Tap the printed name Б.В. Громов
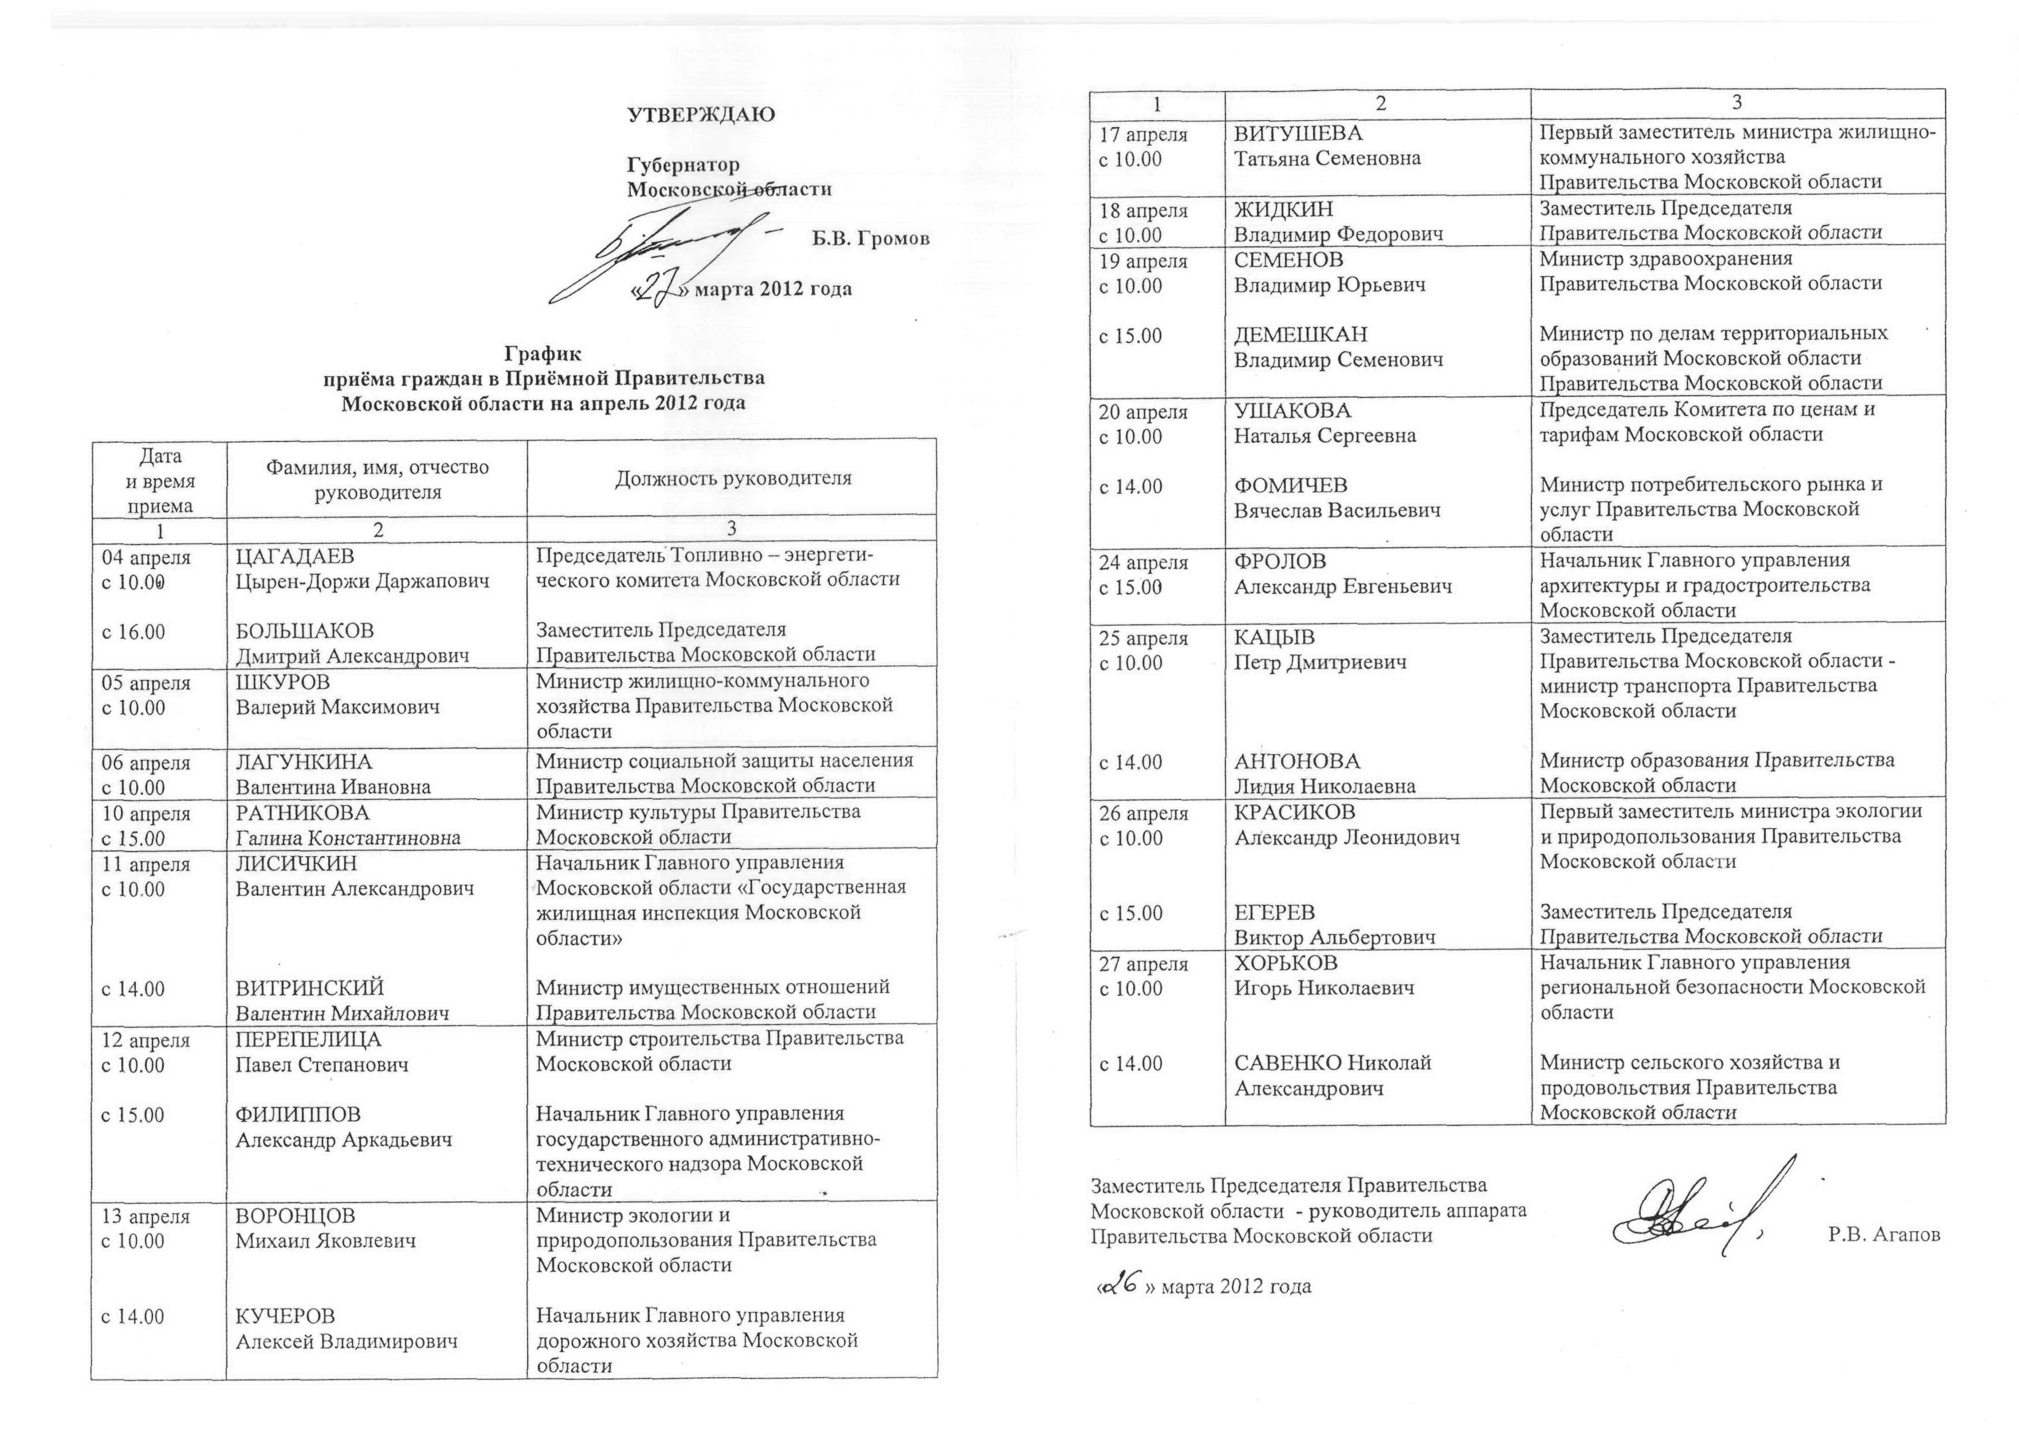pyautogui.click(x=870, y=238)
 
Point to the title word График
pyautogui.click(x=543, y=354)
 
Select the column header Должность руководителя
pyautogui.click(x=733, y=479)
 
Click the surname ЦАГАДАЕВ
pyautogui.click(x=294, y=556)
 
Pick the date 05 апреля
pyautogui.click(x=146, y=683)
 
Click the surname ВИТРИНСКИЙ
pyautogui.click(x=310, y=988)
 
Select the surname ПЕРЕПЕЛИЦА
pyautogui.click(x=308, y=1040)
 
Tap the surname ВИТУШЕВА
pyautogui.click(x=1298, y=133)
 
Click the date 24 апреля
pyautogui.click(x=1143, y=562)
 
